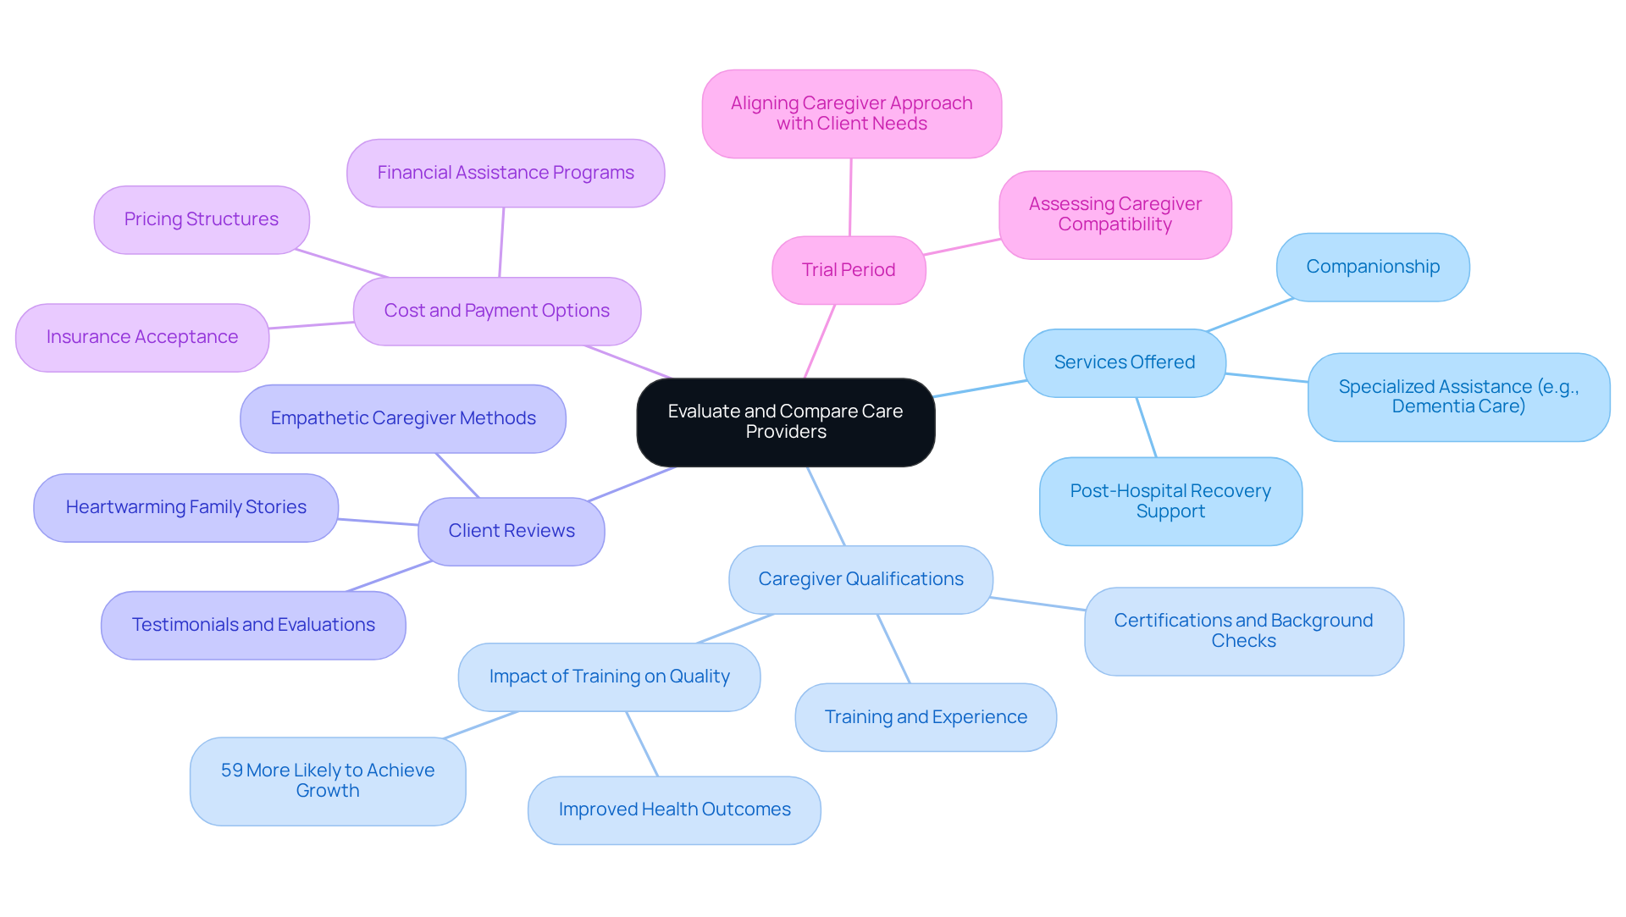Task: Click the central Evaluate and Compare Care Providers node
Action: [x=785, y=422]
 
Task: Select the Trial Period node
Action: [x=849, y=270]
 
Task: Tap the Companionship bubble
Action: [x=1372, y=267]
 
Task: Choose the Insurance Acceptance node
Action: [x=142, y=337]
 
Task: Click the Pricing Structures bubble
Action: [x=202, y=219]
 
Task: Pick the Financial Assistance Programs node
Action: [x=506, y=173]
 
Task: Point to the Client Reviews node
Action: [x=512, y=531]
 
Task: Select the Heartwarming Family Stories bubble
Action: [x=186, y=507]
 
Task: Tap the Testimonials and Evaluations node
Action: [x=253, y=625]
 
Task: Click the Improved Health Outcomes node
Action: [x=674, y=809]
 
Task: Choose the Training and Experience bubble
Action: [x=926, y=717]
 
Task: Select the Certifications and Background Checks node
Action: [x=1243, y=631]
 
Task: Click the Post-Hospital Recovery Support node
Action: [x=1170, y=501]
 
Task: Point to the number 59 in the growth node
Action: [x=231, y=771]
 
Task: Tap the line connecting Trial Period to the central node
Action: [x=820, y=340]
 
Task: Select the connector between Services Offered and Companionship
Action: [x=1250, y=315]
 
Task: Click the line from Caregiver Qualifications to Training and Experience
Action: [x=893, y=649]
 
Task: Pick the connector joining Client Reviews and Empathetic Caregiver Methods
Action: [x=457, y=475]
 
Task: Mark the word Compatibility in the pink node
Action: [x=1114, y=224]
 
